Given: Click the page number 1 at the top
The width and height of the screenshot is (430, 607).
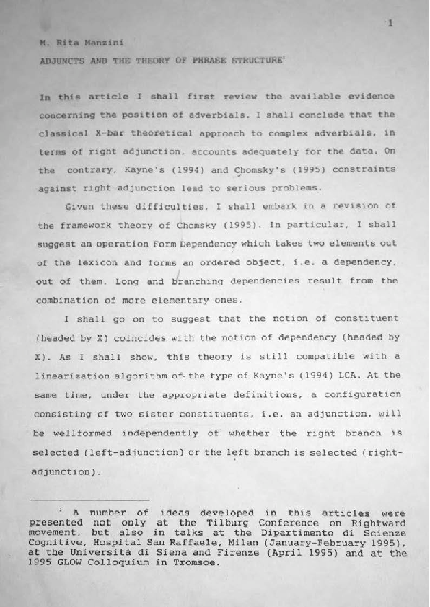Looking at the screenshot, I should coord(390,24).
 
